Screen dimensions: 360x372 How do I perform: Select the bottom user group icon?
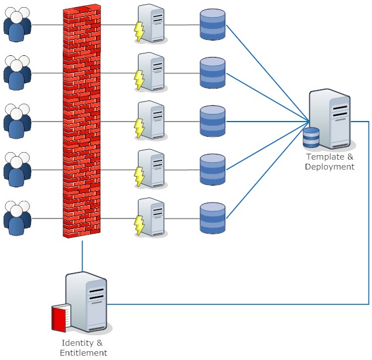(17, 218)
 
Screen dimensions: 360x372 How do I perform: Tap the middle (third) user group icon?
(17, 122)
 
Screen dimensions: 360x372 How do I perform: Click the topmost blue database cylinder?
(212, 25)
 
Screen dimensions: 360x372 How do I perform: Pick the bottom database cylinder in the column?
(212, 218)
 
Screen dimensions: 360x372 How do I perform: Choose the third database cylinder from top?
(212, 122)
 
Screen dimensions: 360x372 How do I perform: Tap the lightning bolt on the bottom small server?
(139, 225)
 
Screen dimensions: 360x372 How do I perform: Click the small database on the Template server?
(311, 137)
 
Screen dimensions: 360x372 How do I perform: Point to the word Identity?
(77, 343)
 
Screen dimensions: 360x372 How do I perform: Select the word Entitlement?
(83, 353)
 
